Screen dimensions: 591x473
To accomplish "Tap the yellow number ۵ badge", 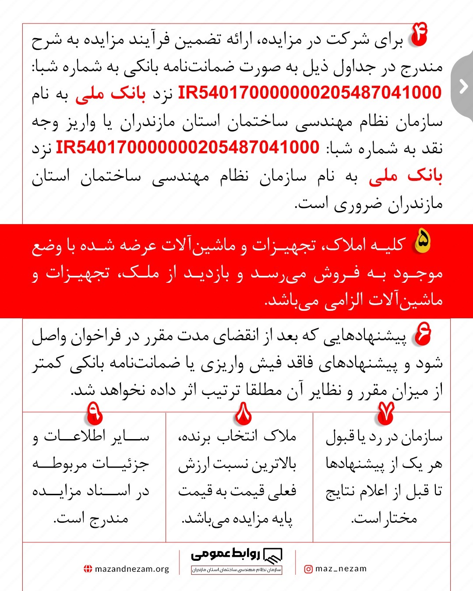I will [x=422, y=241].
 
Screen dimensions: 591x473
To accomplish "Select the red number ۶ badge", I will [x=423, y=334].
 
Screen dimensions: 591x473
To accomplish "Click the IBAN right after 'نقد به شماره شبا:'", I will [x=187, y=148].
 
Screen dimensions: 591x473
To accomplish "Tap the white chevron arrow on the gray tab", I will [x=463, y=86].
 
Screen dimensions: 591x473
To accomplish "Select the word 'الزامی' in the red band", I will [x=344, y=300].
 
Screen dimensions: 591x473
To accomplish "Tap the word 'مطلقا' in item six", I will [x=264, y=390].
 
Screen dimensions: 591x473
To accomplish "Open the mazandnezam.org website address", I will [x=131, y=569].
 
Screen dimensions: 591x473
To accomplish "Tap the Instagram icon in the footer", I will [x=308, y=569].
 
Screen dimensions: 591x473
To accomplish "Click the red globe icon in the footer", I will [x=88, y=569].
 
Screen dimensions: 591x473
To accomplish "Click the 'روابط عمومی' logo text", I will [x=225, y=555].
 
